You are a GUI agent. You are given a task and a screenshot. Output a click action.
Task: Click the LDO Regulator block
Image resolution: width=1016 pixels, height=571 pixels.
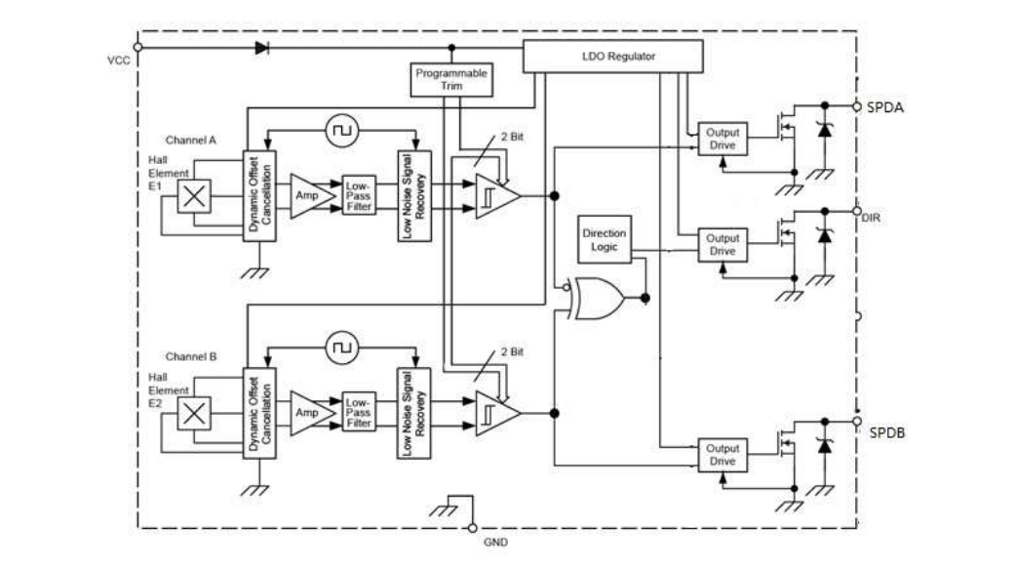[x=612, y=58]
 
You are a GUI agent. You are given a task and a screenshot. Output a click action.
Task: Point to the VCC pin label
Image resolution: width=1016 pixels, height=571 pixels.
[x=118, y=61]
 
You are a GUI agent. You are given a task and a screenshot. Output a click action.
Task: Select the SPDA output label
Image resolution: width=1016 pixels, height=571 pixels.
[x=885, y=107]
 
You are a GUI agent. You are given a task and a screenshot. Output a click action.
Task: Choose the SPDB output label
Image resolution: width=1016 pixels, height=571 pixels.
[x=886, y=429]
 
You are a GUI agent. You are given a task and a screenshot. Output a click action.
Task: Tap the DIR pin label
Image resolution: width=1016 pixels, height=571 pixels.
[x=872, y=219]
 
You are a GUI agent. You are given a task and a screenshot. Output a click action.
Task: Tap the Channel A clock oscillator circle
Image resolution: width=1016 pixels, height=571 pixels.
[x=342, y=128]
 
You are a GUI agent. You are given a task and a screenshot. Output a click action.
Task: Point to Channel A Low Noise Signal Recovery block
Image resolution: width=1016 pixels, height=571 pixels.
[x=413, y=195]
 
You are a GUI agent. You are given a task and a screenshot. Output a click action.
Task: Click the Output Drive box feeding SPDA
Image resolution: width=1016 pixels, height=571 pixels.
[x=723, y=139]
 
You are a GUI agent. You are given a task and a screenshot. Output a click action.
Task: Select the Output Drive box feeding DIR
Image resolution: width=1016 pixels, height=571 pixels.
[x=723, y=244]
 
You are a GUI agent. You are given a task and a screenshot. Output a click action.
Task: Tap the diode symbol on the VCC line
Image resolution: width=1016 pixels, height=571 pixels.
[x=261, y=47]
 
